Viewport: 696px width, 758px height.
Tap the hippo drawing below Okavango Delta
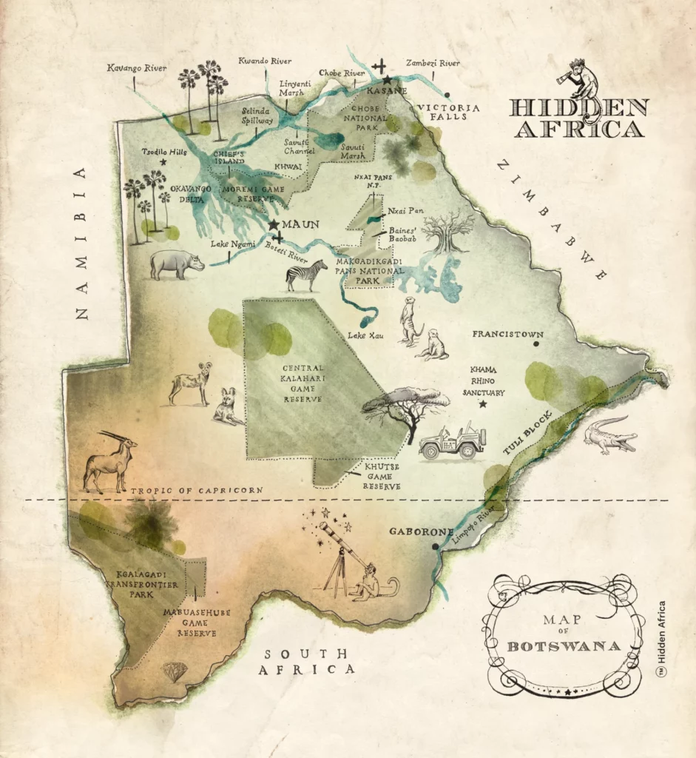[176, 264]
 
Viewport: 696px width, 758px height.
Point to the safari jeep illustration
[452, 441]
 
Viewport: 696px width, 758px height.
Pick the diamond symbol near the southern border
[175, 671]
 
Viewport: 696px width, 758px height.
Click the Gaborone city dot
[436, 547]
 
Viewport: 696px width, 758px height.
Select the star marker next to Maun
[274, 224]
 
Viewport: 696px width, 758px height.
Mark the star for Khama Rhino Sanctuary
[483, 404]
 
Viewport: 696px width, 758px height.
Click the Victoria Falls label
[448, 113]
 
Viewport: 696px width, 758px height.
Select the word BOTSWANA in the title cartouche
[564, 646]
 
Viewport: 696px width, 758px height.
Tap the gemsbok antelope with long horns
[109, 462]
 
